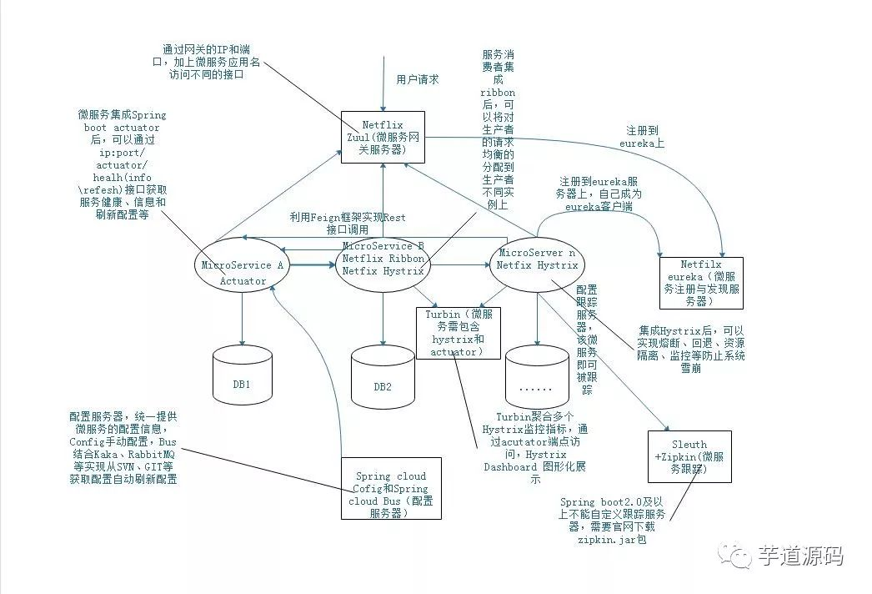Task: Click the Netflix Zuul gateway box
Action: pos(383,136)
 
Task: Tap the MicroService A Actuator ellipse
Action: pos(243,272)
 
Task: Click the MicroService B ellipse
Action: pos(383,259)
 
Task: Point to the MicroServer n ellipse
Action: pos(537,259)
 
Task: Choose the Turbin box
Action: pos(459,333)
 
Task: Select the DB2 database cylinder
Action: pos(383,380)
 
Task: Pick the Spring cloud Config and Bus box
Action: pos(391,488)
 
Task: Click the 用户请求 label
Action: pos(418,80)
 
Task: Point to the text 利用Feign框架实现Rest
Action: pos(348,217)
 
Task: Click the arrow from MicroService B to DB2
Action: pos(383,317)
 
